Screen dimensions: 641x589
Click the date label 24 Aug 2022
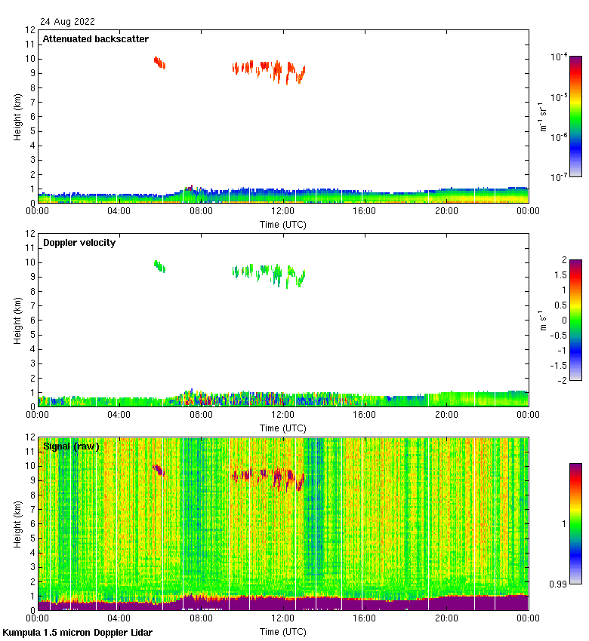[x=69, y=22]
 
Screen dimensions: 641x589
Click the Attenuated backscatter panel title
[x=96, y=39]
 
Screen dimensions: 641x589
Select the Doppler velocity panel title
[x=79, y=243]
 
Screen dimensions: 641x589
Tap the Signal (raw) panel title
[x=71, y=446]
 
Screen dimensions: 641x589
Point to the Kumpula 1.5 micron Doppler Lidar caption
[x=77, y=632]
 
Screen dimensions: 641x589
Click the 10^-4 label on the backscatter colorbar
[x=559, y=57]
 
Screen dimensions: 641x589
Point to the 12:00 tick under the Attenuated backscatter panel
[x=282, y=212]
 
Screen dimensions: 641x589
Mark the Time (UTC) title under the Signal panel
[x=283, y=631]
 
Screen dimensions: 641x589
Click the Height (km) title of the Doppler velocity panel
[x=17, y=320]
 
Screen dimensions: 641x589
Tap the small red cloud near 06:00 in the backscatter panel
[x=159, y=62]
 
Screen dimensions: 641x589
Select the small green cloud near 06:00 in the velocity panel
[x=159, y=265]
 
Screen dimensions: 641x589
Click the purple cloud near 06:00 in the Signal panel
[x=159, y=470]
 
